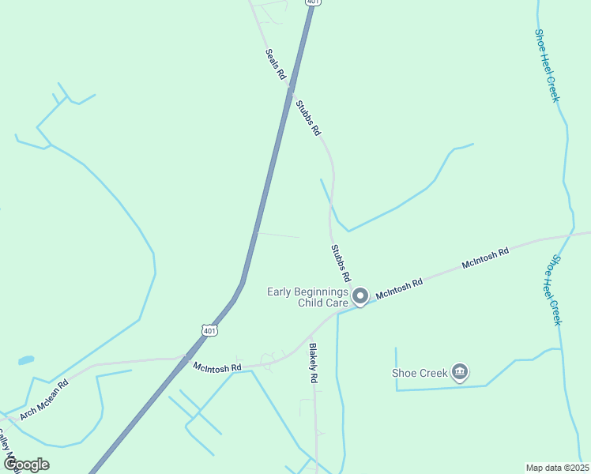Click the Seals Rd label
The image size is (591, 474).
tap(275, 64)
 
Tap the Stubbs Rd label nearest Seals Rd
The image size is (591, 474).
tap(308, 118)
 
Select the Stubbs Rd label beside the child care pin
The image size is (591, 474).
tap(341, 264)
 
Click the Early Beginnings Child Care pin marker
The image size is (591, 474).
tap(360, 296)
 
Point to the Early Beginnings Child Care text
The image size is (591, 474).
tap(307, 297)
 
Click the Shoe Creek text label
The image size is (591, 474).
tap(420, 373)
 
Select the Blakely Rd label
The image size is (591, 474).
tap(313, 363)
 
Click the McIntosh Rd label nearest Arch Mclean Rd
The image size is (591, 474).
tap(216, 367)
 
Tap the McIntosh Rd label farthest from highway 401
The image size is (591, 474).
tap(486, 258)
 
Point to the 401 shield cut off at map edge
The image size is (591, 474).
tap(312, 2)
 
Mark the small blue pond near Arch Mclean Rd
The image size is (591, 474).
tap(26, 360)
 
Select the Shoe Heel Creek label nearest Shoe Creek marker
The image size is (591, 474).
tap(556, 290)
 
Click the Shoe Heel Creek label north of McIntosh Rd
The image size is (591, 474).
tap(547, 65)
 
